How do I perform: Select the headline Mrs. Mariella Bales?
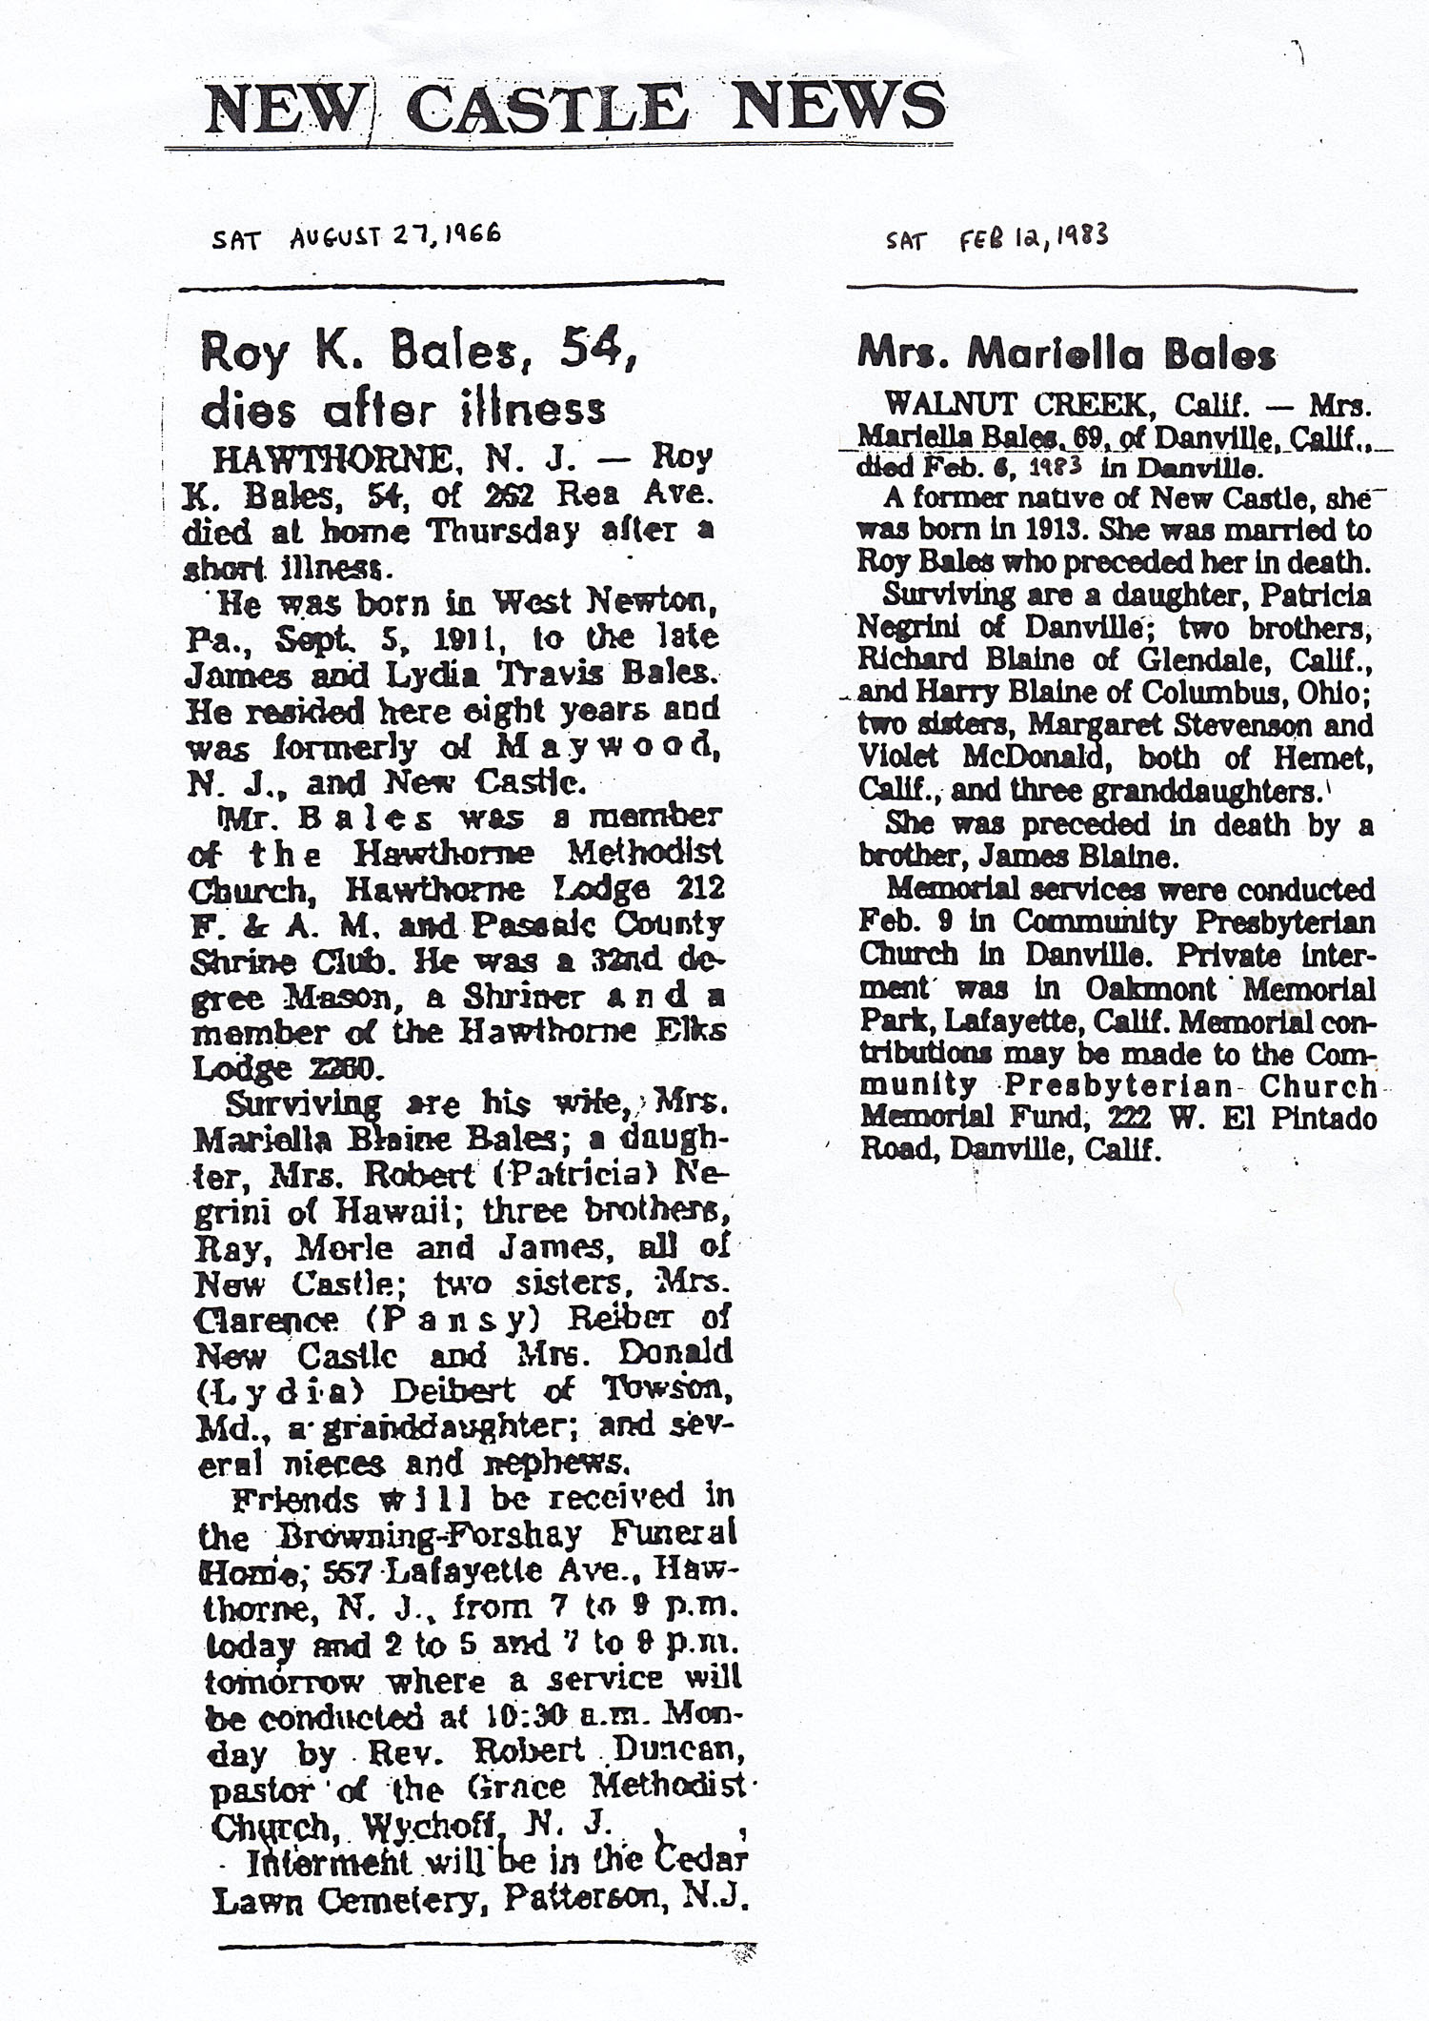click(x=1066, y=355)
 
